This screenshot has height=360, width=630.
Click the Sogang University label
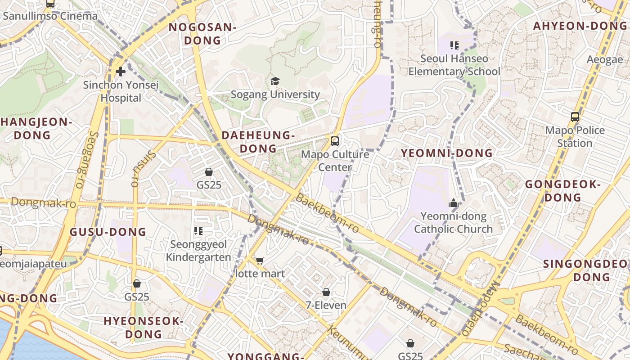(x=275, y=94)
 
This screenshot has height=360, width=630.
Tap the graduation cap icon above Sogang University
(x=275, y=81)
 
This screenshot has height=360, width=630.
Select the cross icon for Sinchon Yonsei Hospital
(x=120, y=71)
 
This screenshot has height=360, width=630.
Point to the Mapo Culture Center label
(x=335, y=161)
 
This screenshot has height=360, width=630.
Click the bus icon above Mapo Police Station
(x=575, y=117)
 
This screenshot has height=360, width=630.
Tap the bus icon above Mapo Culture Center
(x=334, y=141)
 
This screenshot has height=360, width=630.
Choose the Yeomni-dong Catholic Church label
(x=453, y=223)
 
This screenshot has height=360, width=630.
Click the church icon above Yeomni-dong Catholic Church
(x=453, y=203)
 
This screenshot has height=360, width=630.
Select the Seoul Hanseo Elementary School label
(x=454, y=65)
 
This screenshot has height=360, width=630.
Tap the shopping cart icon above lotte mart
(x=260, y=261)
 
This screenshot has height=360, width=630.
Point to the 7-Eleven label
(x=326, y=306)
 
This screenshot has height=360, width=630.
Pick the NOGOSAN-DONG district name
(x=202, y=34)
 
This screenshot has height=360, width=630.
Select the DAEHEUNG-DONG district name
(x=258, y=142)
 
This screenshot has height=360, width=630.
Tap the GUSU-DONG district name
(x=108, y=232)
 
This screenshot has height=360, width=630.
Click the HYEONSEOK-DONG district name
(x=143, y=328)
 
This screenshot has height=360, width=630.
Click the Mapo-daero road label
(x=481, y=309)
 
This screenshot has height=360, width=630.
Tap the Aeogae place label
(x=605, y=59)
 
